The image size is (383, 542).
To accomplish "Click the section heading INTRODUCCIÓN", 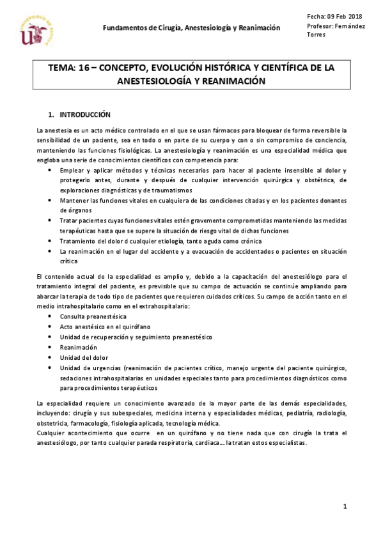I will pyautogui.click(x=85, y=115).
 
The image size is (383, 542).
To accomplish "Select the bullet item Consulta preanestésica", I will pyautogui.click(x=93, y=316).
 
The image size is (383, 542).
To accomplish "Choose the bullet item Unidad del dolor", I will pyautogui.click(x=84, y=357).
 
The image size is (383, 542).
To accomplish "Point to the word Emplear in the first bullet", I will pyautogui.click(x=72, y=171).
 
